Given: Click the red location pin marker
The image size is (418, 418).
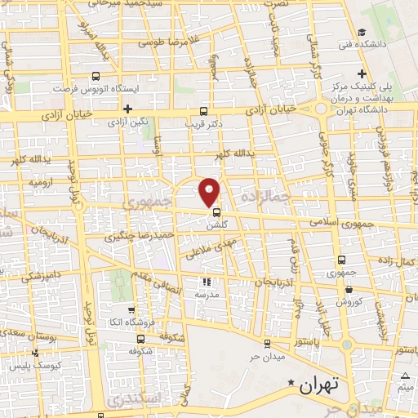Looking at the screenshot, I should [210, 191].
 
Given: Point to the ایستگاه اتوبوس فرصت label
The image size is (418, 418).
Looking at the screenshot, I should [92, 87].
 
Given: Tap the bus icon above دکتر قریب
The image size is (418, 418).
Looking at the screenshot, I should [203, 112].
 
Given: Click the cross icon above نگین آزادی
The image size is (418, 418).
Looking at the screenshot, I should [127, 109].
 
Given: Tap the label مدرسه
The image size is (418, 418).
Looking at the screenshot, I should [205, 294].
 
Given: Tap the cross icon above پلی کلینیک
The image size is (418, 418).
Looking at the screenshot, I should [360, 74].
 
